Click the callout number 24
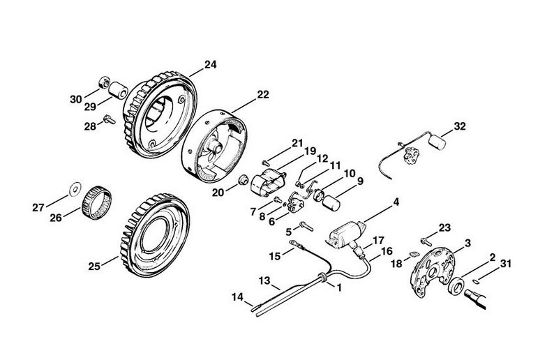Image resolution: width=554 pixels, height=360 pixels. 211,65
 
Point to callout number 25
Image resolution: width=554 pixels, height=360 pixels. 94,265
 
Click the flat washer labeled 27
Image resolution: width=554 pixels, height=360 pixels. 75,188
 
